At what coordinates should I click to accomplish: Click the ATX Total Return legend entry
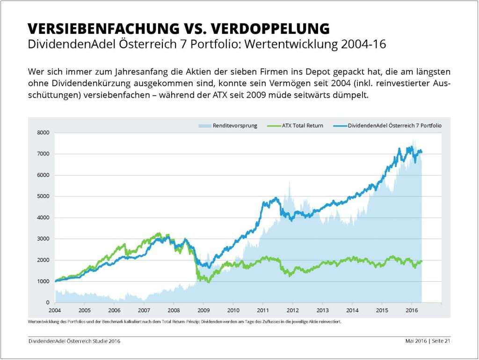(x=302, y=126)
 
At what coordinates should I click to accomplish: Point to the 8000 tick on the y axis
(x=44, y=133)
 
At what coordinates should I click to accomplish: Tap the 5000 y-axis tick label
(x=44, y=196)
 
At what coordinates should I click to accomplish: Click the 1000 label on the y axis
(x=44, y=281)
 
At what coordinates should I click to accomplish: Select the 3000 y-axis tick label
(x=44, y=239)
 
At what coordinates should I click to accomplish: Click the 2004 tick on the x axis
(x=55, y=310)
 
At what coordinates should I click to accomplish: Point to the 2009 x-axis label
(x=203, y=310)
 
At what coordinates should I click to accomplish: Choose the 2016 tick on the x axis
(x=412, y=310)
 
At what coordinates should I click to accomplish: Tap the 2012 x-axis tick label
(x=293, y=310)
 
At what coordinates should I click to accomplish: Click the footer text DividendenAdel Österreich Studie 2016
(x=74, y=341)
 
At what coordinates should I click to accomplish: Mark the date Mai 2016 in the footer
(x=415, y=341)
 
